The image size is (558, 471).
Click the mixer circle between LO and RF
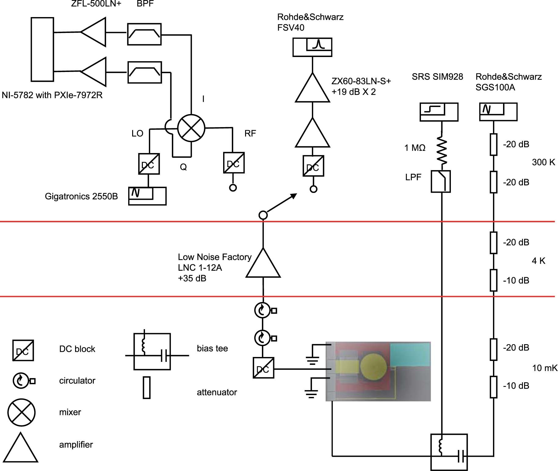click(191, 128)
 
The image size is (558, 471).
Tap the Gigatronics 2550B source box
click(147, 196)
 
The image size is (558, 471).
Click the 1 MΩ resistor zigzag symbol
click(441, 150)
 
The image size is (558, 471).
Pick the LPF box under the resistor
click(440, 182)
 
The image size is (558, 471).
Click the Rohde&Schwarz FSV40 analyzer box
click(312, 47)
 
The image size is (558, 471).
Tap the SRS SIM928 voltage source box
click(439, 112)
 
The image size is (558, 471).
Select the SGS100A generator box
click(498, 112)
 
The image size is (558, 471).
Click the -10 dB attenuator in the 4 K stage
click(493, 280)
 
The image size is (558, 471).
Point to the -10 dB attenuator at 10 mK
click(493, 387)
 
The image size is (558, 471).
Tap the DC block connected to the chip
click(263, 368)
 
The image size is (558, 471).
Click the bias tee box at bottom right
click(449, 452)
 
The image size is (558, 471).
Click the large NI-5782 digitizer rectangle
click(42, 49)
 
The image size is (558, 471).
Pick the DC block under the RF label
click(233, 163)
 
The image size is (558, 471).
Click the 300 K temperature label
click(543, 162)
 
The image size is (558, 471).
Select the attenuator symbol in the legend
click(147, 388)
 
